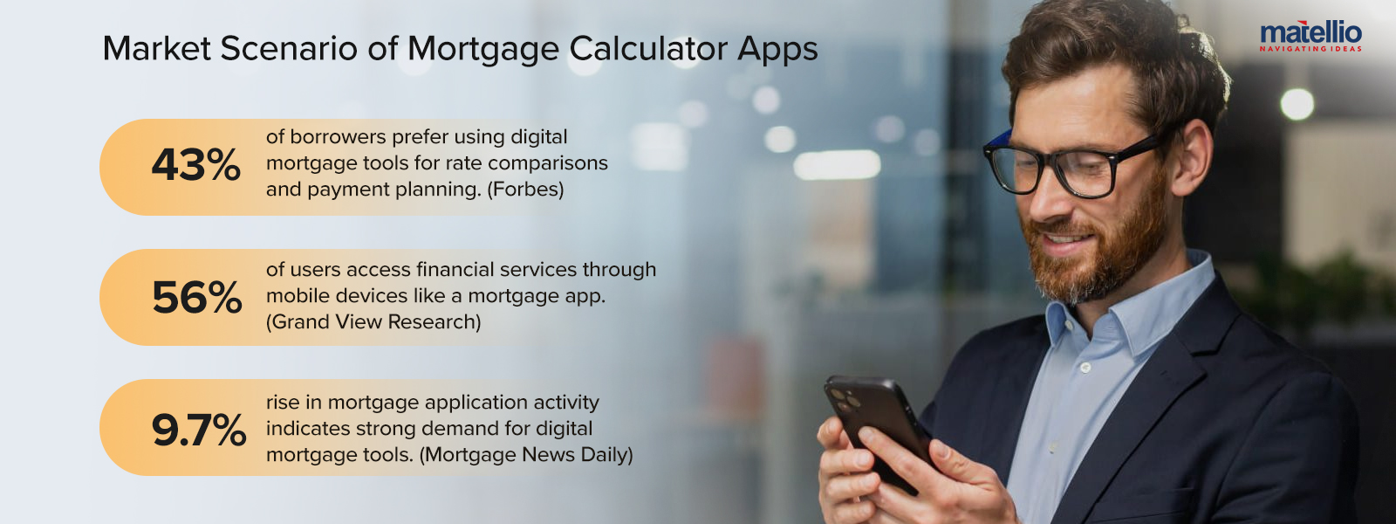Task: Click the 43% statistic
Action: coord(196,165)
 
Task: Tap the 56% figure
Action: coord(197,298)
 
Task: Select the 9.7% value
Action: coord(199,431)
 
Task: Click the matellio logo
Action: coord(1310,35)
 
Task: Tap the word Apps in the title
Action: coord(777,50)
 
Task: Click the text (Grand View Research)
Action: coord(373,322)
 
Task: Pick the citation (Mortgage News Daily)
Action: coord(526,455)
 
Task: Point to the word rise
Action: coord(283,403)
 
